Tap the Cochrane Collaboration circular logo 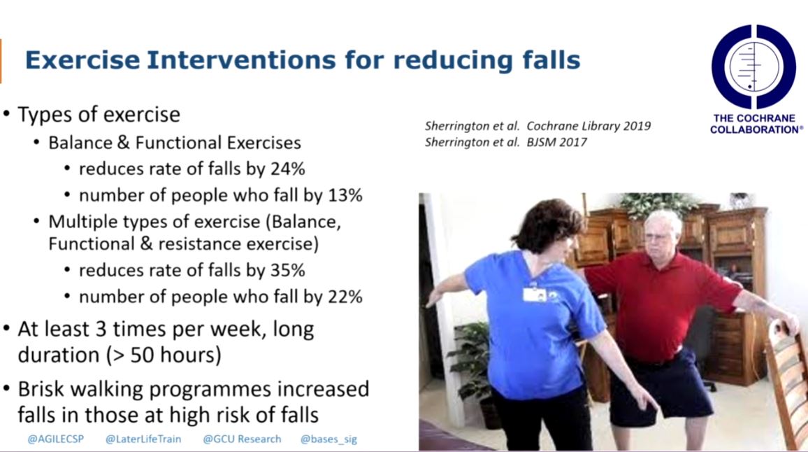(x=753, y=66)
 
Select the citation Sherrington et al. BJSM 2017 (x=506, y=142)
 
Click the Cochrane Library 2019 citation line (x=538, y=126)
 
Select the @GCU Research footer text (x=242, y=439)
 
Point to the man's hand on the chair (x=788, y=323)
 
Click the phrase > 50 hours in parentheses (x=165, y=355)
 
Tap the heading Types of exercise (x=99, y=114)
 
